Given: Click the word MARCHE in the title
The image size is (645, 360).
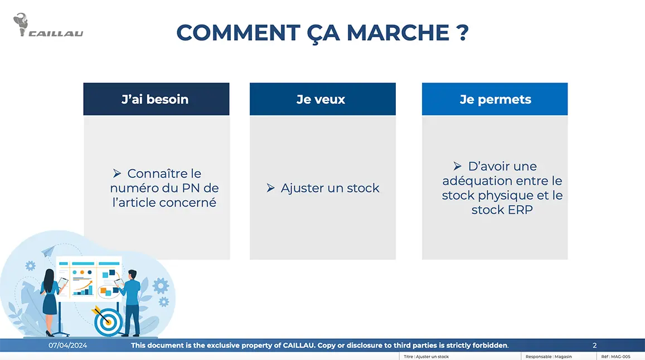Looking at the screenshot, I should click(396, 33).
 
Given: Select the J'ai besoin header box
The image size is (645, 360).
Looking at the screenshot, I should click(156, 99).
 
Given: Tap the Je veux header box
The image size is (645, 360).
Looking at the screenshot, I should click(322, 99).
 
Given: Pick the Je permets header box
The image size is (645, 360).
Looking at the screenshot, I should click(494, 99).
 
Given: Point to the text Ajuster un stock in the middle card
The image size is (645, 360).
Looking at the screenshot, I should click(330, 188).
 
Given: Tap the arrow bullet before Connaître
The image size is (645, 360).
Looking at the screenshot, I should click(118, 173).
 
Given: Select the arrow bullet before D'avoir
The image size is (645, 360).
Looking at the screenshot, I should click(458, 166).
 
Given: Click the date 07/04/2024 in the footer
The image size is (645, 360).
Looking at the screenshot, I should click(67, 346).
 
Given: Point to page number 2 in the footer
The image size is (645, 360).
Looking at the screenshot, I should click(594, 346).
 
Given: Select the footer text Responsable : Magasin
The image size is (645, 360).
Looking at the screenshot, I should click(549, 357).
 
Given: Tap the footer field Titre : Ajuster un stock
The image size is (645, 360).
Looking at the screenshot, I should click(426, 357).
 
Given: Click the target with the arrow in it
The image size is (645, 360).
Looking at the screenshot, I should click(108, 322).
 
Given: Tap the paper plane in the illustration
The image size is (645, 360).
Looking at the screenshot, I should click(49, 252).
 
